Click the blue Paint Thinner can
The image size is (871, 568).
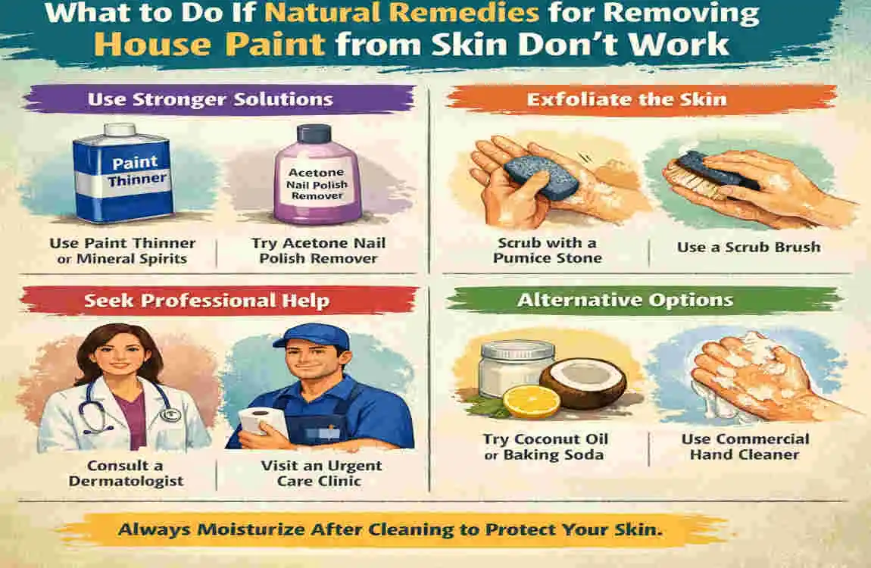121,176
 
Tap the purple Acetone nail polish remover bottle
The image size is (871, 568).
308,186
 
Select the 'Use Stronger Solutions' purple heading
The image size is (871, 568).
210,99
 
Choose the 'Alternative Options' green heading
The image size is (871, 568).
625,300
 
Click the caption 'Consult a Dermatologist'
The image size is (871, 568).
126,473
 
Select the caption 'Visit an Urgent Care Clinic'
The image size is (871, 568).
322,473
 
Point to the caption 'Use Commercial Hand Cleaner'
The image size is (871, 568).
745,447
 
